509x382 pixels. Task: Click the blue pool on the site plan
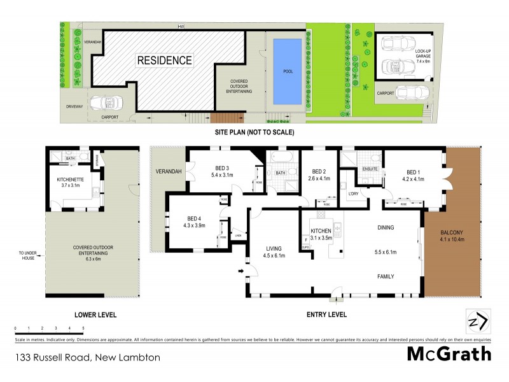coord(288,71)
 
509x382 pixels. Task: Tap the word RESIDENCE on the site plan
coord(164,61)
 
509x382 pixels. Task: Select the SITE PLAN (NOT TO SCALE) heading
coord(254,132)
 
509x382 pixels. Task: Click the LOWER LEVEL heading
coord(95,315)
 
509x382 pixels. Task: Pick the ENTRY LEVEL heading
coord(327,315)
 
